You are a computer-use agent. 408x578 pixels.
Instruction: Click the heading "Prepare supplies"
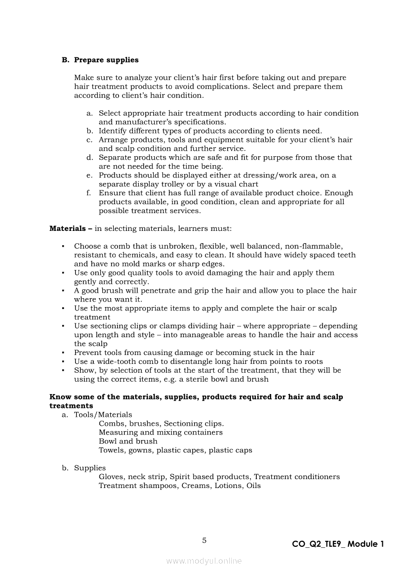point(106,60)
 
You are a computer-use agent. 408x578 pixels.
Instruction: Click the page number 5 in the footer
point(204,540)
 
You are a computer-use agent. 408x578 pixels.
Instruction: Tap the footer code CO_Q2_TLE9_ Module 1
point(337,544)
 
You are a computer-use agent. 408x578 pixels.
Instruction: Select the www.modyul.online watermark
point(204,561)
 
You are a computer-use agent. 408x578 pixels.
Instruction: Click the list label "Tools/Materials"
point(103,414)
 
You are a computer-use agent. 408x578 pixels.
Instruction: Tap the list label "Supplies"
point(90,468)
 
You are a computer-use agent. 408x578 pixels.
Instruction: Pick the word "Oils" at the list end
point(253,486)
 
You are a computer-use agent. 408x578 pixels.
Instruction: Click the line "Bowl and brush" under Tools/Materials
point(128,441)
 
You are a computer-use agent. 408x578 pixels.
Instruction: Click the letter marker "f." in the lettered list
point(89,193)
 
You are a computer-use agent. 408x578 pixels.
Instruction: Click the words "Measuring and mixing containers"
point(161,432)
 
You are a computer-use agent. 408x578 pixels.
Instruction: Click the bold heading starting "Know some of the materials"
point(196,397)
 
